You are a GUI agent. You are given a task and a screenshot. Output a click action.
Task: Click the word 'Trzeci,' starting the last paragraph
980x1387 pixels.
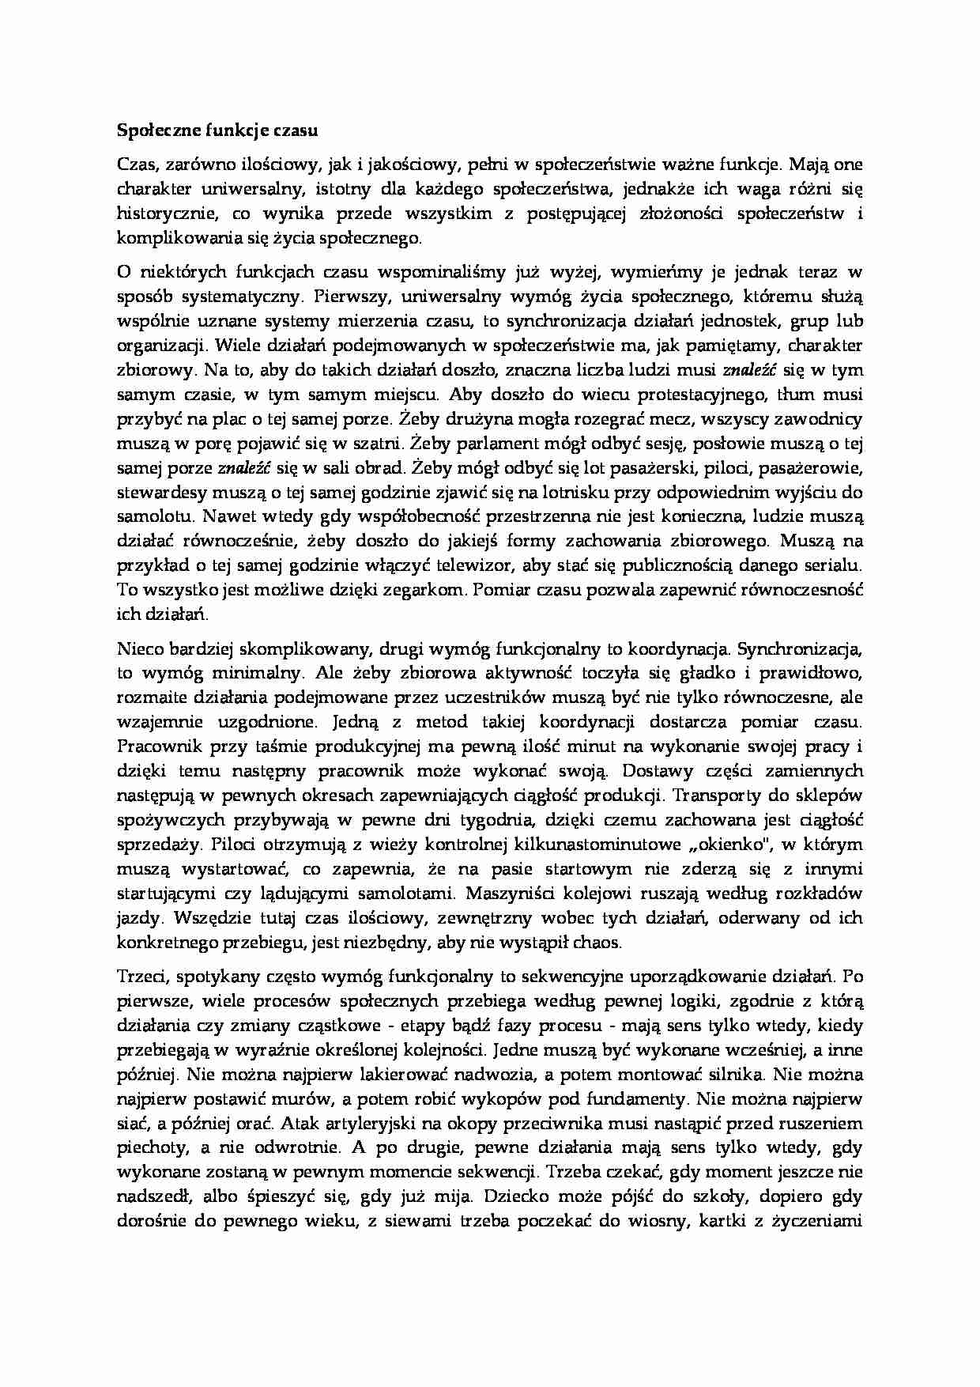pyautogui.click(x=141, y=977)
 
